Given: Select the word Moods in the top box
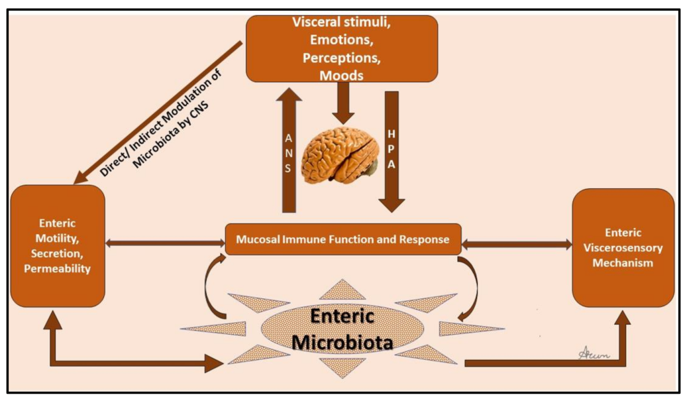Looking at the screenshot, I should pyautogui.click(x=341, y=76).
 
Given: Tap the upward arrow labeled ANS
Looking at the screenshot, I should pyautogui.click(x=288, y=152).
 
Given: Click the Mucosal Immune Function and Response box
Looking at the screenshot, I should pyautogui.click(x=343, y=239).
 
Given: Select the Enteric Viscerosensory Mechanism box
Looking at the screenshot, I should pyautogui.click(x=623, y=247).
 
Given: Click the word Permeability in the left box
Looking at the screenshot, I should pyautogui.click(x=57, y=269).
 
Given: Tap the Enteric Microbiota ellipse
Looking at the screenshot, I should pyautogui.click(x=343, y=329).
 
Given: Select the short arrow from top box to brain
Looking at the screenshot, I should pyautogui.click(x=342, y=99).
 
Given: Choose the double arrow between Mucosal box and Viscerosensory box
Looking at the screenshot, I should pyautogui.click(x=517, y=244).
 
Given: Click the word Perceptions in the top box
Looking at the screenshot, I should pyautogui.click(x=341, y=58).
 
